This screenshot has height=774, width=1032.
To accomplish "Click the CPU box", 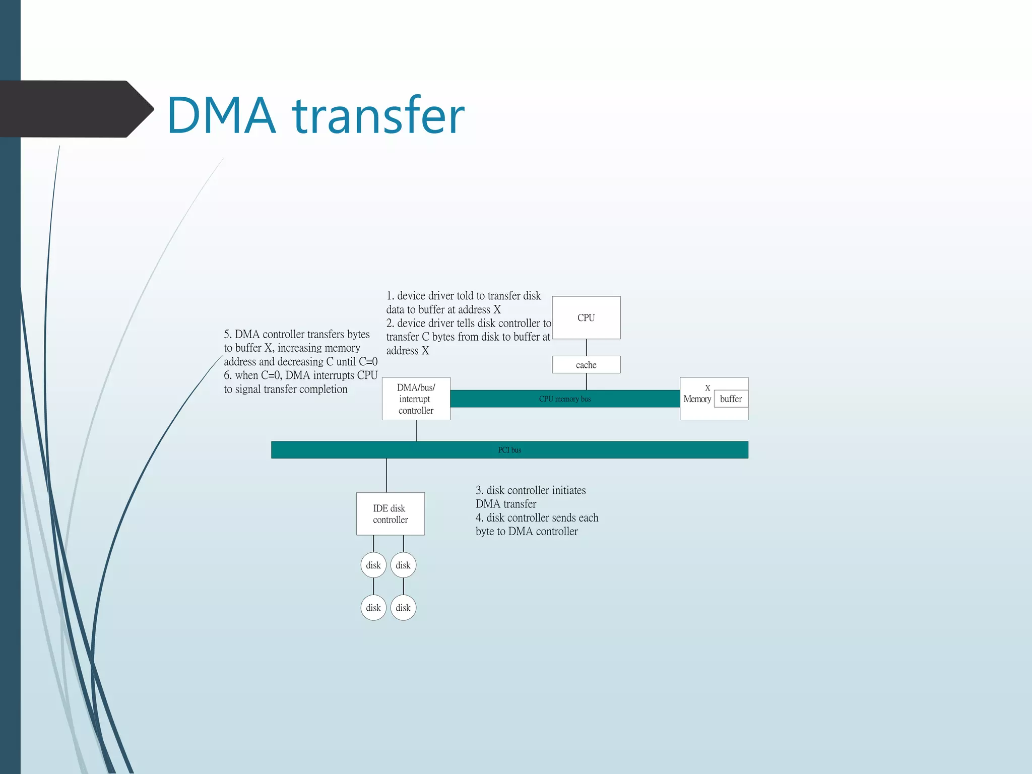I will (586, 317).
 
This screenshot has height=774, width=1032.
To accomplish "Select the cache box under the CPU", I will (586, 365).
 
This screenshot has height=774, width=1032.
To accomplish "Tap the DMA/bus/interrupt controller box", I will (416, 399).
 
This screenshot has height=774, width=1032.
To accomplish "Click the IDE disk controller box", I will (390, 513).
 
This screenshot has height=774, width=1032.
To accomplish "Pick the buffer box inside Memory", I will (731, 399).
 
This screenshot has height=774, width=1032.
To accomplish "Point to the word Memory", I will (697, 399).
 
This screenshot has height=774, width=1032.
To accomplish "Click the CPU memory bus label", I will (565, 399).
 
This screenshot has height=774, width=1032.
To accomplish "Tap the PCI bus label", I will (509, 450).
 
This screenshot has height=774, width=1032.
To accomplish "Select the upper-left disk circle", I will (373, 565).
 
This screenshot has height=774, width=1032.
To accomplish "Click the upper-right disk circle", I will (403, 565).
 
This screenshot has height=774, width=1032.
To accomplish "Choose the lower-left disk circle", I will (373, 608).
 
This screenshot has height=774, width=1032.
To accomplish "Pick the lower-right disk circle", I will (403, 608).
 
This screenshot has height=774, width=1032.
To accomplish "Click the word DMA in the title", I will (222, 116).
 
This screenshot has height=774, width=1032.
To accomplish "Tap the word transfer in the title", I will (378, 116).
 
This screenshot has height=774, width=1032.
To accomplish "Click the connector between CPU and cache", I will (586, 347).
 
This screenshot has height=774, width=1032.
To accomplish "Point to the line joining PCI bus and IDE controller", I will (386, 475).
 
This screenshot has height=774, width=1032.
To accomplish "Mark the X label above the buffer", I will (707, 388).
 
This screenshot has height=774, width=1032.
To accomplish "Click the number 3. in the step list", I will (479, 490).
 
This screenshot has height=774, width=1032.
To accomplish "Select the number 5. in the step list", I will (228, 335).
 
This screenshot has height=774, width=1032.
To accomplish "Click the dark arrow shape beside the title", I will (76, 109).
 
